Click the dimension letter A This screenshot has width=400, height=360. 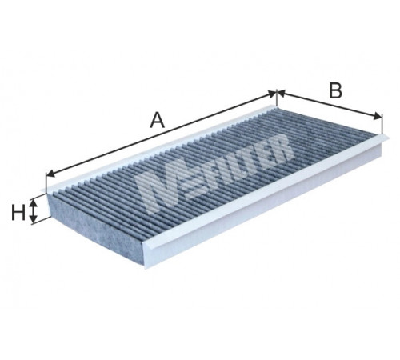click(x=158, y=120)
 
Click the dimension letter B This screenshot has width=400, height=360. click(x=335, y=90)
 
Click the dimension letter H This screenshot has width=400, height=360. click(x=18, y=213)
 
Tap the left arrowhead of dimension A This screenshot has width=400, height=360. click(x=50, y=174)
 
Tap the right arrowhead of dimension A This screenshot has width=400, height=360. click(x=271, y=94)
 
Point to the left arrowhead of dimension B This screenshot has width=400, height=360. click(x=282, y=93)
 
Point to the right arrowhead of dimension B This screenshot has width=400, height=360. click(x=378, y=116)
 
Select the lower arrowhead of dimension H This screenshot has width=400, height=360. click(x=33, y=218)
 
